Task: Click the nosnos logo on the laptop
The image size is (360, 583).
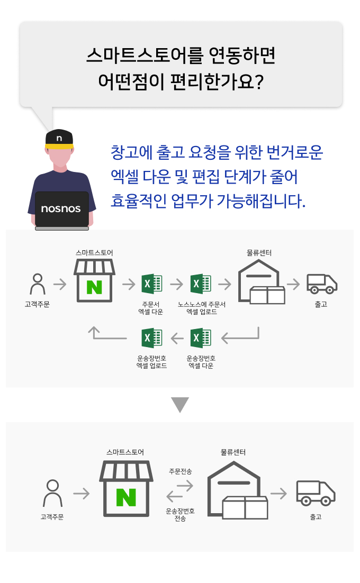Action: click(61, 208)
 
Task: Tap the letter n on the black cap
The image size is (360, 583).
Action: click(59, 138)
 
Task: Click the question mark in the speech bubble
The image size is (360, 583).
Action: click(259, 82)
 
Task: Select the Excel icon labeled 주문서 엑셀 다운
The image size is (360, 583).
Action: click(151, 285)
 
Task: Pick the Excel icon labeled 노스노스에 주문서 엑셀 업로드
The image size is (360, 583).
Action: click(201, 285)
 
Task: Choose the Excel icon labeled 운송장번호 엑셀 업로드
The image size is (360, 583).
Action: click(151, 338)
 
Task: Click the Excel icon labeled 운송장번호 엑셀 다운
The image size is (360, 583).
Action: click(201, 338)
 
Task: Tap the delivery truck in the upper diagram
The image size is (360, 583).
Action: click(322, 284)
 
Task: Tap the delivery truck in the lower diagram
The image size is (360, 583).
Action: click(316, 493)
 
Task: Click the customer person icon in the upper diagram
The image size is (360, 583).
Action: click(38, 284)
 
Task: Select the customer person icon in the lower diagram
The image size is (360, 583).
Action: click(53, 493)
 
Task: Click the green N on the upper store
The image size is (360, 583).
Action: click(94, 287)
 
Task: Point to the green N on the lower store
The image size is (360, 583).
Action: click(126, 497)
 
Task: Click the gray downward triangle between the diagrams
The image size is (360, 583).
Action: click(180, 404)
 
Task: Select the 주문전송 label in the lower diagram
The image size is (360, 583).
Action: click(181, 471)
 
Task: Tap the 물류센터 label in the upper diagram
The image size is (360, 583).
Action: click(259, 253)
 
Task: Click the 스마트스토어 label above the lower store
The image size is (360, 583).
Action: click(125, 452)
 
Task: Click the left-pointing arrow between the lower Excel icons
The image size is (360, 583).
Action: click(177, 339)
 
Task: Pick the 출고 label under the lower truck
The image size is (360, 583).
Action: click(316, 517)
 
